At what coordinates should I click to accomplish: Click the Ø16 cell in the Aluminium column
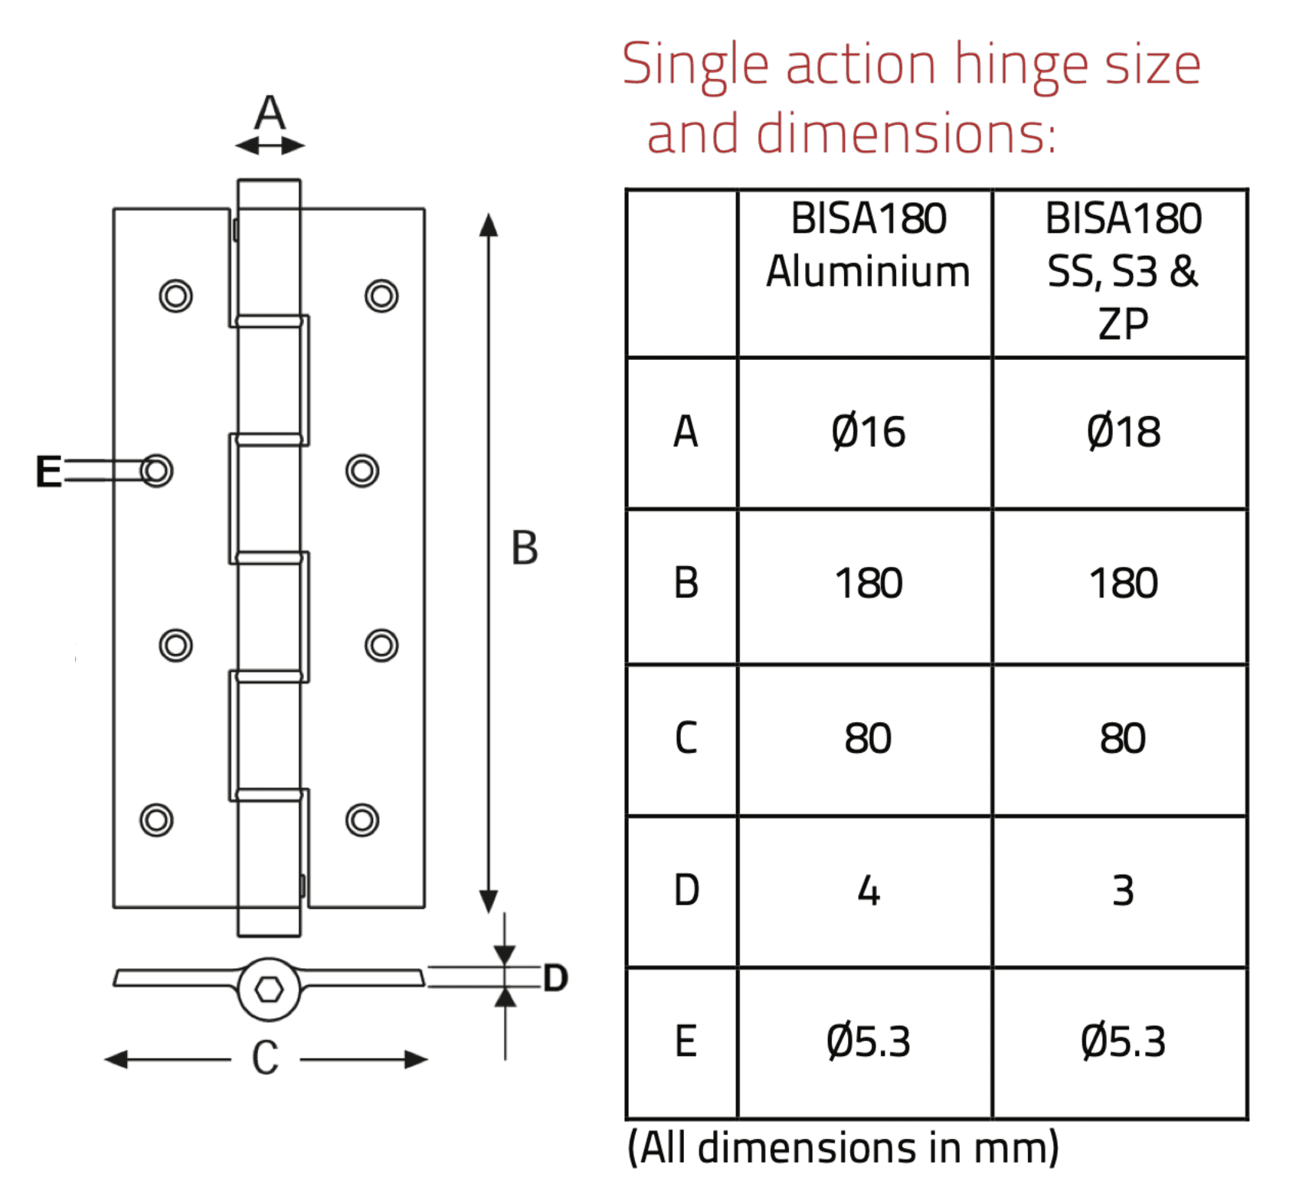pyautogui.click(x=868, y=432)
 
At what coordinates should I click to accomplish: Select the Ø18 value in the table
pyautogui.click(x=1123, y=432)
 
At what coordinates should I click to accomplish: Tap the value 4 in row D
pyautogui.click(x=868, y=891)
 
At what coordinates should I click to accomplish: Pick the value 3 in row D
pyautogui.click(x=1123, y=891)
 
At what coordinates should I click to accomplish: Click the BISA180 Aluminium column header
pyautogui.click(x=868, y=245)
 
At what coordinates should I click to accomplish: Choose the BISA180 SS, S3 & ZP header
pyautogui.click(x=1123, y=271)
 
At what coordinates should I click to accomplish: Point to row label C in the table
pyautogui.click(x=686, y=738)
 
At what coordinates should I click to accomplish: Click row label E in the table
pyautogui.click(x=686, y=1042)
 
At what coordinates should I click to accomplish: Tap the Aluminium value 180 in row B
pyautogui.click(x=868, y=584)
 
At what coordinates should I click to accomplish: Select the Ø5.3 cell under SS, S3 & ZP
pyautogui.click(x=1123, y=1042)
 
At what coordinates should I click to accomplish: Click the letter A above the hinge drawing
pyautogui.click(x=270, y=113)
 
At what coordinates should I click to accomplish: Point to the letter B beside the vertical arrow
pyautogui.click(x=525, y=548)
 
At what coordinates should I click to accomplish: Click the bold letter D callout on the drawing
pyautogui.click(x=555, y=978)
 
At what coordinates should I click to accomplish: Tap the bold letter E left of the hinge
pyautogui.click(x=48, y=471)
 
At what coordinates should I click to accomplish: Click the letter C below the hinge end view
pyautogui.click(x=265, y=1059)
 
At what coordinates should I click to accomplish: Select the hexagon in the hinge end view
pyautogui.click(x=269, y=990)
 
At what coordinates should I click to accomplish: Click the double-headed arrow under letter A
pyautogui.click(x=270, y=146)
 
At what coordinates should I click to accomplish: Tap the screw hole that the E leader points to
pyautogui.click(x=157, y=470)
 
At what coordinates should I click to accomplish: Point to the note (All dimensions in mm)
pyautogui.click(x=843, y=1147)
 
